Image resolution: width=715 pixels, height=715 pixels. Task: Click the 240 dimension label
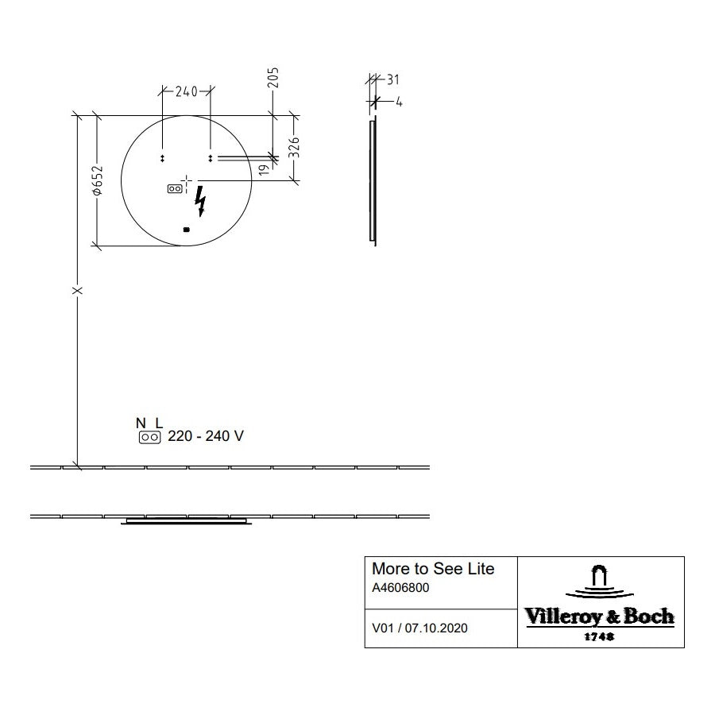click(x=187, y=91)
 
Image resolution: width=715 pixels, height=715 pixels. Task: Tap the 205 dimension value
click(x=272, y=78)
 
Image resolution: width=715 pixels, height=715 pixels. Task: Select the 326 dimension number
click(x=294, y=147)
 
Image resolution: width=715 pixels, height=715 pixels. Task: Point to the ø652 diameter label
click(x=98, y=180)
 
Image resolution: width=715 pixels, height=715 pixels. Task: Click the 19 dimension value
click(x=264, y=170)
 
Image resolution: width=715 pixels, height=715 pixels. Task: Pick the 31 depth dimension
click(x=393, y=79)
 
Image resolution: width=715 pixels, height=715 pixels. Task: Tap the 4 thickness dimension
click(x=399, y=102)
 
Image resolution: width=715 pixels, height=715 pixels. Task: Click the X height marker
click(x=78, y=291)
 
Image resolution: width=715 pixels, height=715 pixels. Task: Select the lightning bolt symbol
click(x=200, y=201)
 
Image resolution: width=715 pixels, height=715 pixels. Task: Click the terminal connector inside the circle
click(x=175, y=188)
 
